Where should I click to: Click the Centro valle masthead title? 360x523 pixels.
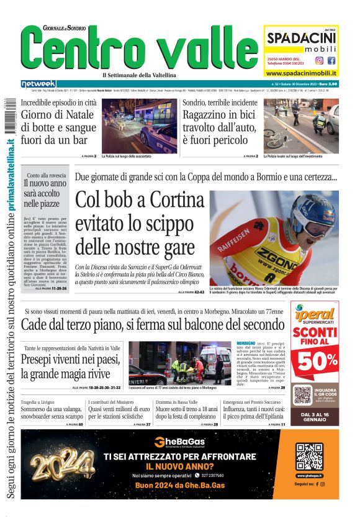pyautogui.click(x=137, y=48)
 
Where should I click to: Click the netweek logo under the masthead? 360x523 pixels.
pyautogui.click(x=38, y=84)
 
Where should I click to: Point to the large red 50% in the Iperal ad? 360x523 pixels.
pyautogui.click(x=316, y=361)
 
